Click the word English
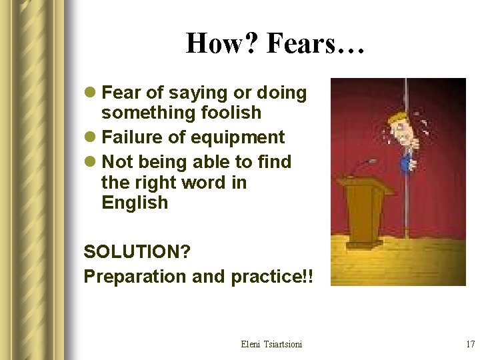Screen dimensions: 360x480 tap(135, 203)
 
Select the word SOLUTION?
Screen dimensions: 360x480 tap(137, 252)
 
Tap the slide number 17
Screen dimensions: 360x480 tap(470, 344)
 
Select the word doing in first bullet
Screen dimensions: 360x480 tap(281, 93)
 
